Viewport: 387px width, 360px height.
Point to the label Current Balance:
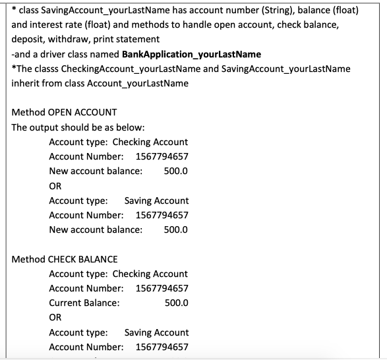tap(84, 303)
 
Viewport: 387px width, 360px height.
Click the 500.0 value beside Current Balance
tap(176, 303)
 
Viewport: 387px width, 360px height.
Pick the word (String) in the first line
tap(263, 9)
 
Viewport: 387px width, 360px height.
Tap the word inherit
tap(27, 83)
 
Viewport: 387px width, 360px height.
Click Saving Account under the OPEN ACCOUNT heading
tap(156, 200)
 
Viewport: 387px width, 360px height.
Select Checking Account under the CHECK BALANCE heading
tap(150, 273)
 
